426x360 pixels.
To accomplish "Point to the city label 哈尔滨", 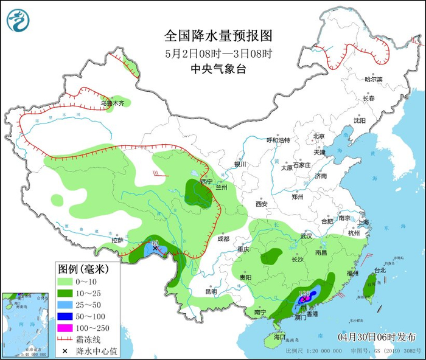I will (x=373, y=80).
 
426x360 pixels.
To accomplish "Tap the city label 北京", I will (x=319, y=136).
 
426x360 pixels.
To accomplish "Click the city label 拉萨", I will (x=117, y=240).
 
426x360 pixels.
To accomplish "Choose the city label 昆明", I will (x=211, y=291).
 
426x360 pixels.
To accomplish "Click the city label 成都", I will (x=222, y=238).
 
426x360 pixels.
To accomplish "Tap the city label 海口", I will (x=279, y=336).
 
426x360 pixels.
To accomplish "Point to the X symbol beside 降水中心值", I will (x=65, y=351).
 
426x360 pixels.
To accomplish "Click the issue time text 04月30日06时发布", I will (x=377, y=336).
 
